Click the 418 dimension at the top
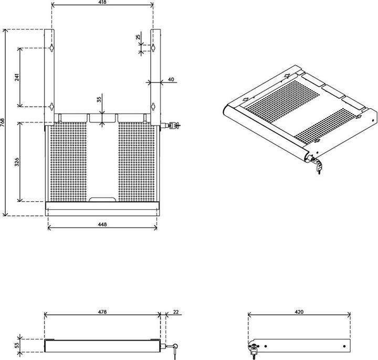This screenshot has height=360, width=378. pyautogui.click(x=102, y=3)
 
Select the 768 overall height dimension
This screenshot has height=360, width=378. pyautogui.click(x=3, y=122)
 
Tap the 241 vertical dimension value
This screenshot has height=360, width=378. pyautogui.click(x=17, y=77)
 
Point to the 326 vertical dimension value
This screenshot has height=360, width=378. pyautogui.click(x=17, y=161)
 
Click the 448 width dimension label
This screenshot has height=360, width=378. pyautogui.click(x=102, y=224)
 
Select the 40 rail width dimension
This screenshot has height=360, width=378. pyautogui.click(x=171, y=79)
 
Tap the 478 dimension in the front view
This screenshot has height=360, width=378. pyautogui.click(x=102, y=312)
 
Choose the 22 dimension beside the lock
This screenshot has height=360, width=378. pyautogui.click(x=175, y=312)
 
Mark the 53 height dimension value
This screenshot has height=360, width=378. pyautogui.click(x=17, y=346)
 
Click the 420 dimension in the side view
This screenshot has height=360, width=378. pyautogui.click(x=299, y=312)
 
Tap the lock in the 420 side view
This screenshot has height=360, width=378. pyautogui.click(x=254, y=349)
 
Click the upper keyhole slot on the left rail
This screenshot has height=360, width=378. pyautogui.click(x=52, y=48)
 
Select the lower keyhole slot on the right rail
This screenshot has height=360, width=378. pyautogui.click(x=153, y=106)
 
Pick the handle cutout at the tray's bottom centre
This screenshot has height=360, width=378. pyautogui.click(x=102, y=199)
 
